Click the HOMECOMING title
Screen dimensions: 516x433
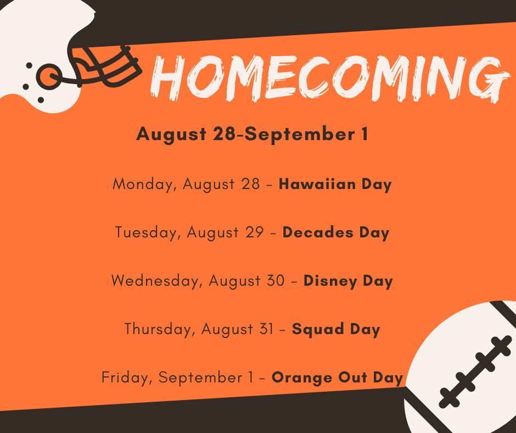(x=329, y=79)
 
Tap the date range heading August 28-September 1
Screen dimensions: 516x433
(x=252, y=135)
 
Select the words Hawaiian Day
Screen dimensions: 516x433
(x=335, y=185)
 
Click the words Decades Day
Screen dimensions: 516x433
(x=335, y=232)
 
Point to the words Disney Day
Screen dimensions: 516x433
(x=348, y=281)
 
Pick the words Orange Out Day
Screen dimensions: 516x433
(x=337, y=378)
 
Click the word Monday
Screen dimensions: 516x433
(x=143, y=185)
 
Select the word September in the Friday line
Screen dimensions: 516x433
(x=200, y=378)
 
